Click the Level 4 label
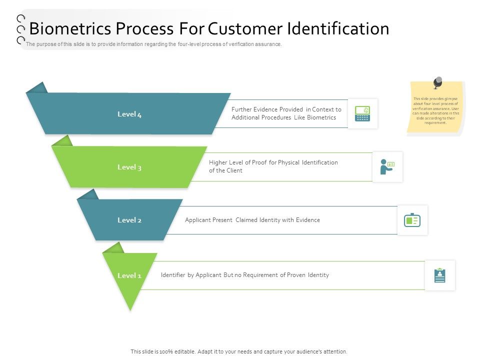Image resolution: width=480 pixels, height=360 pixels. coord(129,114)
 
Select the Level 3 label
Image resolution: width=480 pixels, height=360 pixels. coord(129,167)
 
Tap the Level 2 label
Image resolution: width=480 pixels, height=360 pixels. coord(129,220)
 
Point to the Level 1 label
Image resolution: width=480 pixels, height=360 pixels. coord(129,275)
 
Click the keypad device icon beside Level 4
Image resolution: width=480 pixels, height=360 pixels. coord(362,113)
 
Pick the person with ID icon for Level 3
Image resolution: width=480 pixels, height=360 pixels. coord(387,167)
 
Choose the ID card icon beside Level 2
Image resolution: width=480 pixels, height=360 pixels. coord(412,220)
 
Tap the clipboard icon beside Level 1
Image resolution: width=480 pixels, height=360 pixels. coord(440,275)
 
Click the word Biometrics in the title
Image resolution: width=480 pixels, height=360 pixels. coord(66,29)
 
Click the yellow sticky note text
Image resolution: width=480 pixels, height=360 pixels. coord(436,110)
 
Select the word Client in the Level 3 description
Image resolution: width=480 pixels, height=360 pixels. coord(234,170)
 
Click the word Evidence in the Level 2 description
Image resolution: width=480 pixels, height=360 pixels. coord(308,220)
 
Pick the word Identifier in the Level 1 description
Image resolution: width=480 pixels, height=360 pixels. coord(173,275)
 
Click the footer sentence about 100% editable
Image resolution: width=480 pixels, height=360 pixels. coord(239,351)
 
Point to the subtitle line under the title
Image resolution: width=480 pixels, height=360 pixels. coord(154,44)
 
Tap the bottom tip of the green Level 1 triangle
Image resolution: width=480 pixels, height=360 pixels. coord(130,309)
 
